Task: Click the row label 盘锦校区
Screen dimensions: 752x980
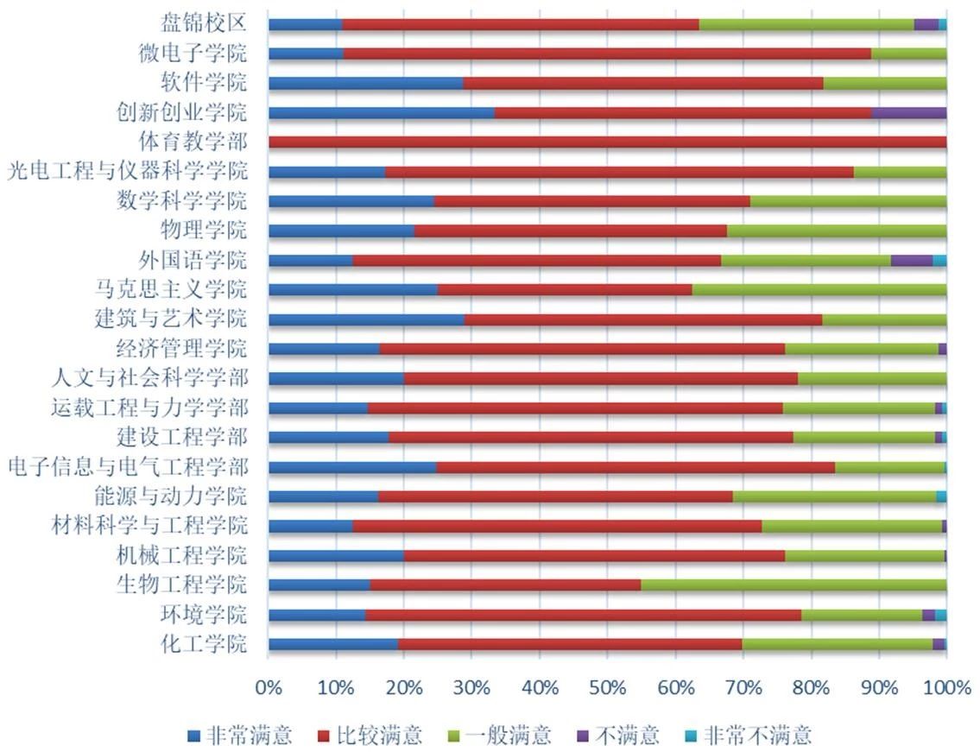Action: pos(204,23)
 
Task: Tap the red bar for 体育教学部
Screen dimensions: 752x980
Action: pos(607,142)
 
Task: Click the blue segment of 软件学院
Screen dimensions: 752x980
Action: pos(365,84)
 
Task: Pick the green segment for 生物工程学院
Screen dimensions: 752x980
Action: pos(793,585)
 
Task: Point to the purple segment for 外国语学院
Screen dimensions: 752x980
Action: pos(911,260)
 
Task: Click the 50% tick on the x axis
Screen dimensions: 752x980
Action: pos(607,687)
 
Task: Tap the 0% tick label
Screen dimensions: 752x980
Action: pos(269,687)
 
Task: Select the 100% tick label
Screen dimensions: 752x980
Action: pos(945,687)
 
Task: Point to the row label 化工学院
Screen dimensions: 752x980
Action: pos(204,643)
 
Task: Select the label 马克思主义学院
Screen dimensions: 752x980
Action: pos(171,289)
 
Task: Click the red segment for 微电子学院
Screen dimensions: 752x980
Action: pos(606,54)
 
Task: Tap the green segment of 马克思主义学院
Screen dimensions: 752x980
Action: pos(819,289)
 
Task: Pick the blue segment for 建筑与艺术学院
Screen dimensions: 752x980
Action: pos(366,319)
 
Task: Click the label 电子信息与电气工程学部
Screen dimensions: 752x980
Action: pos(128,467)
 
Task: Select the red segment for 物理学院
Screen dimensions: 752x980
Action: pos(570,231)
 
